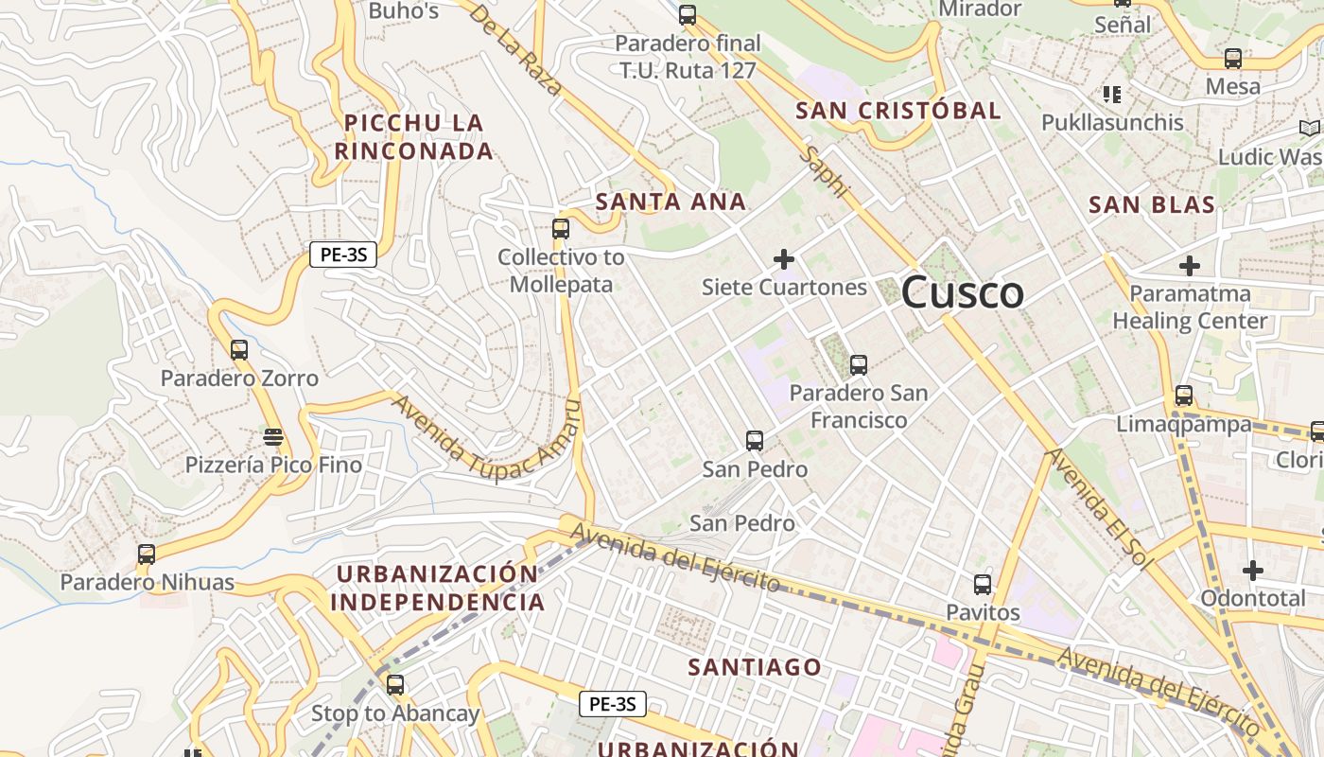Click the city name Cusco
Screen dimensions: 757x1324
tap(962, 293)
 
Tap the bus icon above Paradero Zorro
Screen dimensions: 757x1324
tap(239, 350)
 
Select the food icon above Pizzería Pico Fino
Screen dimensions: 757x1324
tap(273, 437)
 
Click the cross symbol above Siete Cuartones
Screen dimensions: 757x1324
tap(784, 258)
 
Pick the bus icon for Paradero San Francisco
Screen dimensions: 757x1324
tap(859, 365)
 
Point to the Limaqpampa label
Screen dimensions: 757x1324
tap(1184, 425)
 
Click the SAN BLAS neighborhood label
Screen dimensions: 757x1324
tap(1151, 204)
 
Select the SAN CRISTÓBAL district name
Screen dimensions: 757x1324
tap(897, 111)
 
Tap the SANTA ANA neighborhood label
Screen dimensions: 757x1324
tap(671, 202)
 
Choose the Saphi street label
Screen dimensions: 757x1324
tap(824, 171)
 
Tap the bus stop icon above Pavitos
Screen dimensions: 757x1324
tap(983, 585)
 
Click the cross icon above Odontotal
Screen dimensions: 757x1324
tap(1253, 571)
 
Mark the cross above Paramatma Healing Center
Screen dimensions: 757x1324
tap(1189, 266)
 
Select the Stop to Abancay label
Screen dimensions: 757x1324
tap(395, 713)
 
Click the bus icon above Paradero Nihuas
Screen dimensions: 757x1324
tap(147, 555)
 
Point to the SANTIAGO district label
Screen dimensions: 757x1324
tap(755, 667)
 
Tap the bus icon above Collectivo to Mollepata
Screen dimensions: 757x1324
tap(561, 229)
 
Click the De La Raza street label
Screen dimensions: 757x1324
tap(515, 49)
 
